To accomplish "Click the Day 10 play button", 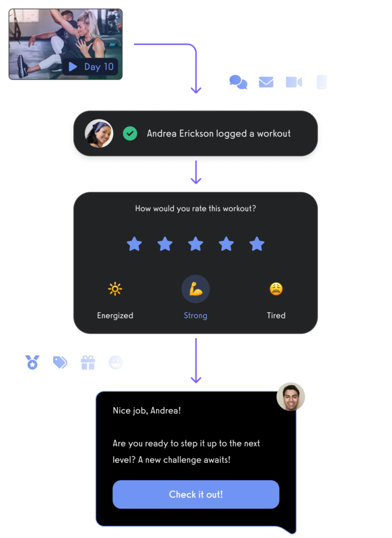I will tap(73, 67).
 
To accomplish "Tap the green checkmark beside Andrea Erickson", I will tap(130, 133).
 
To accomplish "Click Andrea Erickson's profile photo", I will tap(99, 133).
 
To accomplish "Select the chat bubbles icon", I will tap(238, 82).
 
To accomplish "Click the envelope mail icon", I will tap(266, 82).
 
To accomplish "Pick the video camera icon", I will tap(294, 82).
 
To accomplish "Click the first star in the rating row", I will tap(134, 244).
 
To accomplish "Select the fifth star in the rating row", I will tap(257, 244).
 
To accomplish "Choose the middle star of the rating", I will tap(196, 244).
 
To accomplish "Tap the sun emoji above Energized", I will tap(115, 289).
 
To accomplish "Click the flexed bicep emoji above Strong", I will tap(196, 289).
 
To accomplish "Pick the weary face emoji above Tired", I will tap(276, 288).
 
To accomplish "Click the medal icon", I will tap(33, 363).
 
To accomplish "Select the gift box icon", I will tap(88, 363).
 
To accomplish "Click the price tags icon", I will tap(60, 363).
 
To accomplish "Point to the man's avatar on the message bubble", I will tap(291, 397).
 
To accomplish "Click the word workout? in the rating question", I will tap(239, 209).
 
